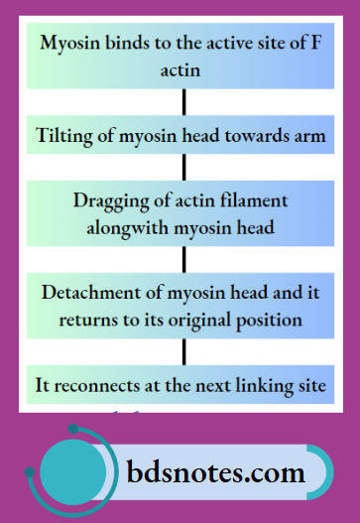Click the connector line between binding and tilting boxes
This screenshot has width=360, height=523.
click(x=183, y=101)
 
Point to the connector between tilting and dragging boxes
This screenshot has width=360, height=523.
click(x=183, y=166)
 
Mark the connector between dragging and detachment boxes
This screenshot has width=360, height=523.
click(x=183, y=259)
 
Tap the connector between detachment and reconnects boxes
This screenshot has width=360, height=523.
click(x=183, y=351)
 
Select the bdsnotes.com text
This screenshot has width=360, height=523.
click(x=222, y=472)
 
